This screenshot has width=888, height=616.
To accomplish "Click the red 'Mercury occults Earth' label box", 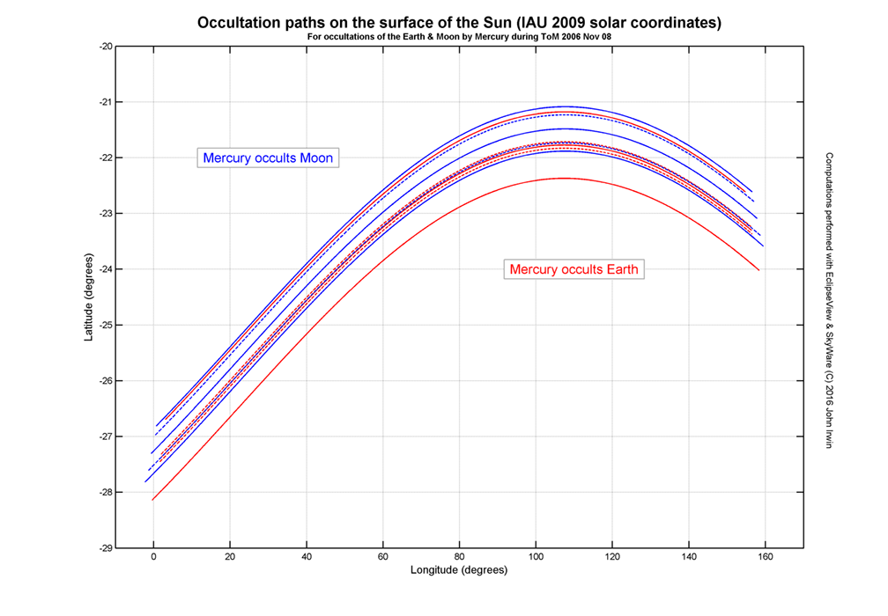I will (574, 268).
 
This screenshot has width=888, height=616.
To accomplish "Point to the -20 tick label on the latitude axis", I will (106, 47).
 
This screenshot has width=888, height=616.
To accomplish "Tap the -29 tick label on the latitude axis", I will (106, 547).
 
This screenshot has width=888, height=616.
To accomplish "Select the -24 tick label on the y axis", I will (106, 269).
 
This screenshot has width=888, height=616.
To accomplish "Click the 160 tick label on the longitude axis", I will (765, 558).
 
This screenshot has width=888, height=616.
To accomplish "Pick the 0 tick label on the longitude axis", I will (153, 558).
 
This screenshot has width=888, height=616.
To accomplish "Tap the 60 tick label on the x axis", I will (382, 558).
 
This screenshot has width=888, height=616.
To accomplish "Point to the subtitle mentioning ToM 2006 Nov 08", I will (458, 37).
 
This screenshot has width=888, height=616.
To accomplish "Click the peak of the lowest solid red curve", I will (561, 178).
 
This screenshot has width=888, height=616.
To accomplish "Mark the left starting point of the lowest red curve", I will (152, 500).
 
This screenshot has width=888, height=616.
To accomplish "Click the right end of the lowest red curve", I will (758, 270).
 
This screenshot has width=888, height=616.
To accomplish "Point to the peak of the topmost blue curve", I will (564, 106).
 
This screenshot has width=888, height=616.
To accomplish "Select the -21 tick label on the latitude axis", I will (106, 102).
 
